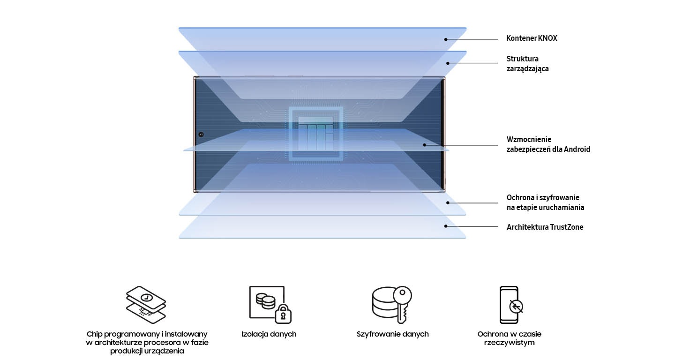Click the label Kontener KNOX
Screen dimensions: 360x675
coord(532,38)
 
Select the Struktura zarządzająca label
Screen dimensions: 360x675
coord(527,64)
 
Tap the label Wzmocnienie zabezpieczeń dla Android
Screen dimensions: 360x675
coord(548,144)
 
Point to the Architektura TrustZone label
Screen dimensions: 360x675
coord(545,227)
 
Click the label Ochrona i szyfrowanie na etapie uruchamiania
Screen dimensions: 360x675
coord(545,202)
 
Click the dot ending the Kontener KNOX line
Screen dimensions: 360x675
coord(446,39)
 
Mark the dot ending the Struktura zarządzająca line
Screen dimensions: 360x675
coord(448,63)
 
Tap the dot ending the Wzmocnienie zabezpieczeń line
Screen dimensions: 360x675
coord(425,145)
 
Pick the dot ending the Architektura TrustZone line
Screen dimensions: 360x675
coord(446,226)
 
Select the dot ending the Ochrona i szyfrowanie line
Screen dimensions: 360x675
coord(448,203)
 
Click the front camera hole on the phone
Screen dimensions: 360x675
coord(201,135)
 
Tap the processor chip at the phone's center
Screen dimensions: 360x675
coord(316,134)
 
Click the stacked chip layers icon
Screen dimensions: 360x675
coord(146,305)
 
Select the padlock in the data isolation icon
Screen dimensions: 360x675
coord(283,314)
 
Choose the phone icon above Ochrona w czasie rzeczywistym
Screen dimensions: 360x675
coord(510,305)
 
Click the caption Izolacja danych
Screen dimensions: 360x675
coord(269,334)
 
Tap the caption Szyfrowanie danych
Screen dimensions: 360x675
coord(392,334)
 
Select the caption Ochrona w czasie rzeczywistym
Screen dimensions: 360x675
coord(509,338)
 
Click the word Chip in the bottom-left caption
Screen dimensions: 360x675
coord(94,334)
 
